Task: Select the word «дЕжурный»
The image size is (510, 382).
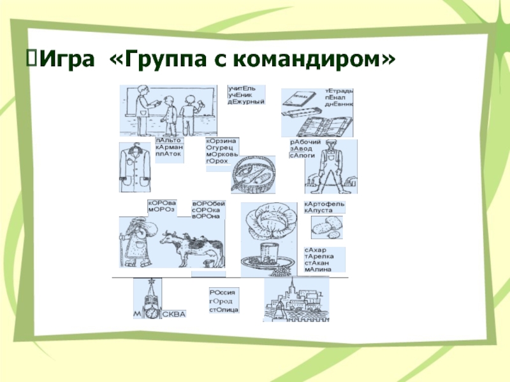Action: click(x=245, y=102)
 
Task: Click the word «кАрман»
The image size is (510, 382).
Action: click(x=168, y=147)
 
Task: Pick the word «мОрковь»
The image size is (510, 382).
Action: click(x=221, y=155)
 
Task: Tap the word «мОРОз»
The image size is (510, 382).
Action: click(x=161, y=209)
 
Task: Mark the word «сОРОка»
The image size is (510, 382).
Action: click(x=206, y=210)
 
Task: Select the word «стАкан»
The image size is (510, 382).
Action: click(x=318, y=263)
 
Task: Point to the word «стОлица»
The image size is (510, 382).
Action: click(x=224, y=309)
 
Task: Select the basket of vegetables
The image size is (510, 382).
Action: click(x=253, y=176)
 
